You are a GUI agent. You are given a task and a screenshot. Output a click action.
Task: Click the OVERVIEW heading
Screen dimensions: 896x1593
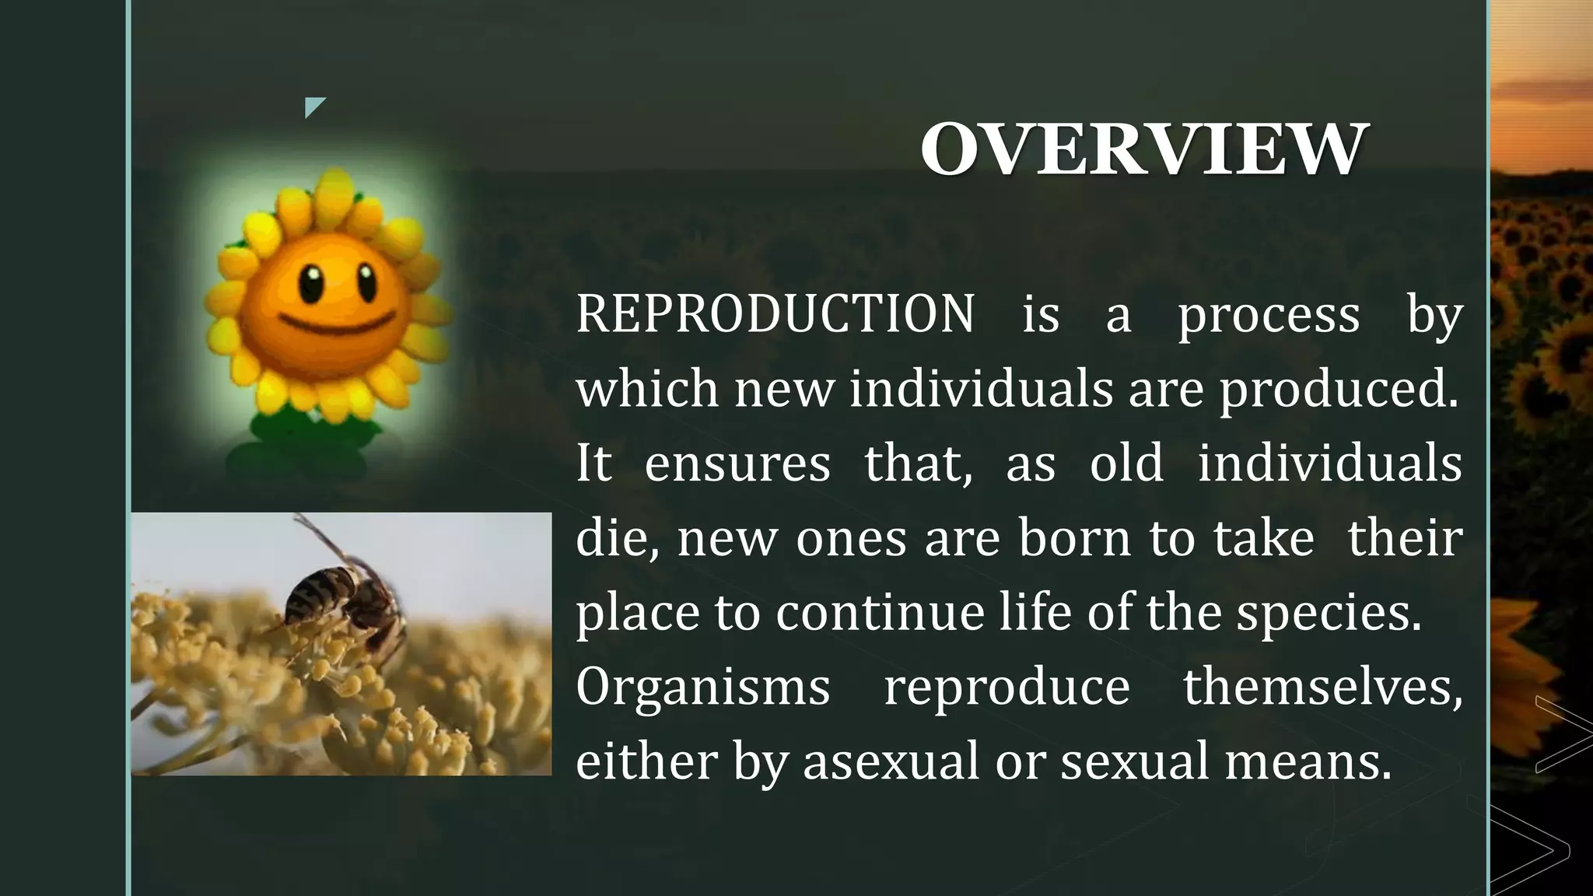pyautogui.click(x=1143, y=149)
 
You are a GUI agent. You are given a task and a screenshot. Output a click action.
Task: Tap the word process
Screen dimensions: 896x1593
pyautogui.click(x=1269, y=315)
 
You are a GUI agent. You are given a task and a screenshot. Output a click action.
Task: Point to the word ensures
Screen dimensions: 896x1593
pyautogui.click(x=737, y=464)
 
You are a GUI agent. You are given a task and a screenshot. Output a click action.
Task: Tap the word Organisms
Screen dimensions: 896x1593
pyautogui.click(x=703, y=687)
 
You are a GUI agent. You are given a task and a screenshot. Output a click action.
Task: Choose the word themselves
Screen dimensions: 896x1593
pyautogui.click(x=1322, y=687)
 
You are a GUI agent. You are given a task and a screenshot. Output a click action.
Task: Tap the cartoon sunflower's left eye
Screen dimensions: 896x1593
pyautogui.click(x=310, y=285)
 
